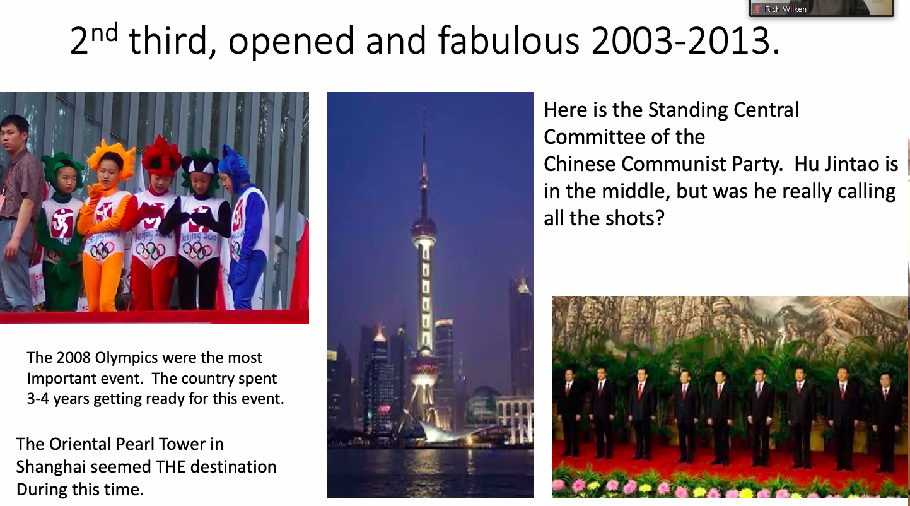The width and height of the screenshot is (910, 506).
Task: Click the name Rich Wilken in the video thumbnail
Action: tap(785, 9)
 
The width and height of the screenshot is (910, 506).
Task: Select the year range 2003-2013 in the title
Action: tap(685, 40)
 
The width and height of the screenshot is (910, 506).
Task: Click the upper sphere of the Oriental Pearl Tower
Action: tap(424, 231)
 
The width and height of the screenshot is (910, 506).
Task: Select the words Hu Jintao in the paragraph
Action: tap(846, 164)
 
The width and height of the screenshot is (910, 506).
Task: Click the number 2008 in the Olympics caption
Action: tap(73, 358)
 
